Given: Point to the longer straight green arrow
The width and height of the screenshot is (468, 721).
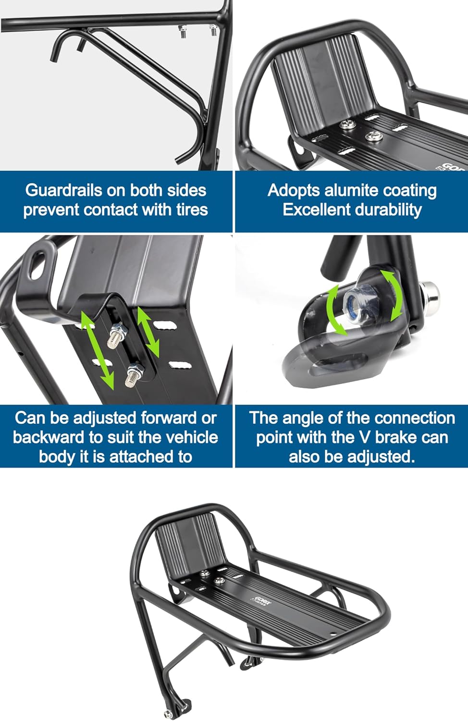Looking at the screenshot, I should pyautogui.click(x=97, y=349).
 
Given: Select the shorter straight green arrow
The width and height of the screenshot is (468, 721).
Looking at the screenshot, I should pyautogui.click(x=148, y=331).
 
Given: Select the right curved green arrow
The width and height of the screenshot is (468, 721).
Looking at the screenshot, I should pyautogui.click(x=394, y=296).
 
